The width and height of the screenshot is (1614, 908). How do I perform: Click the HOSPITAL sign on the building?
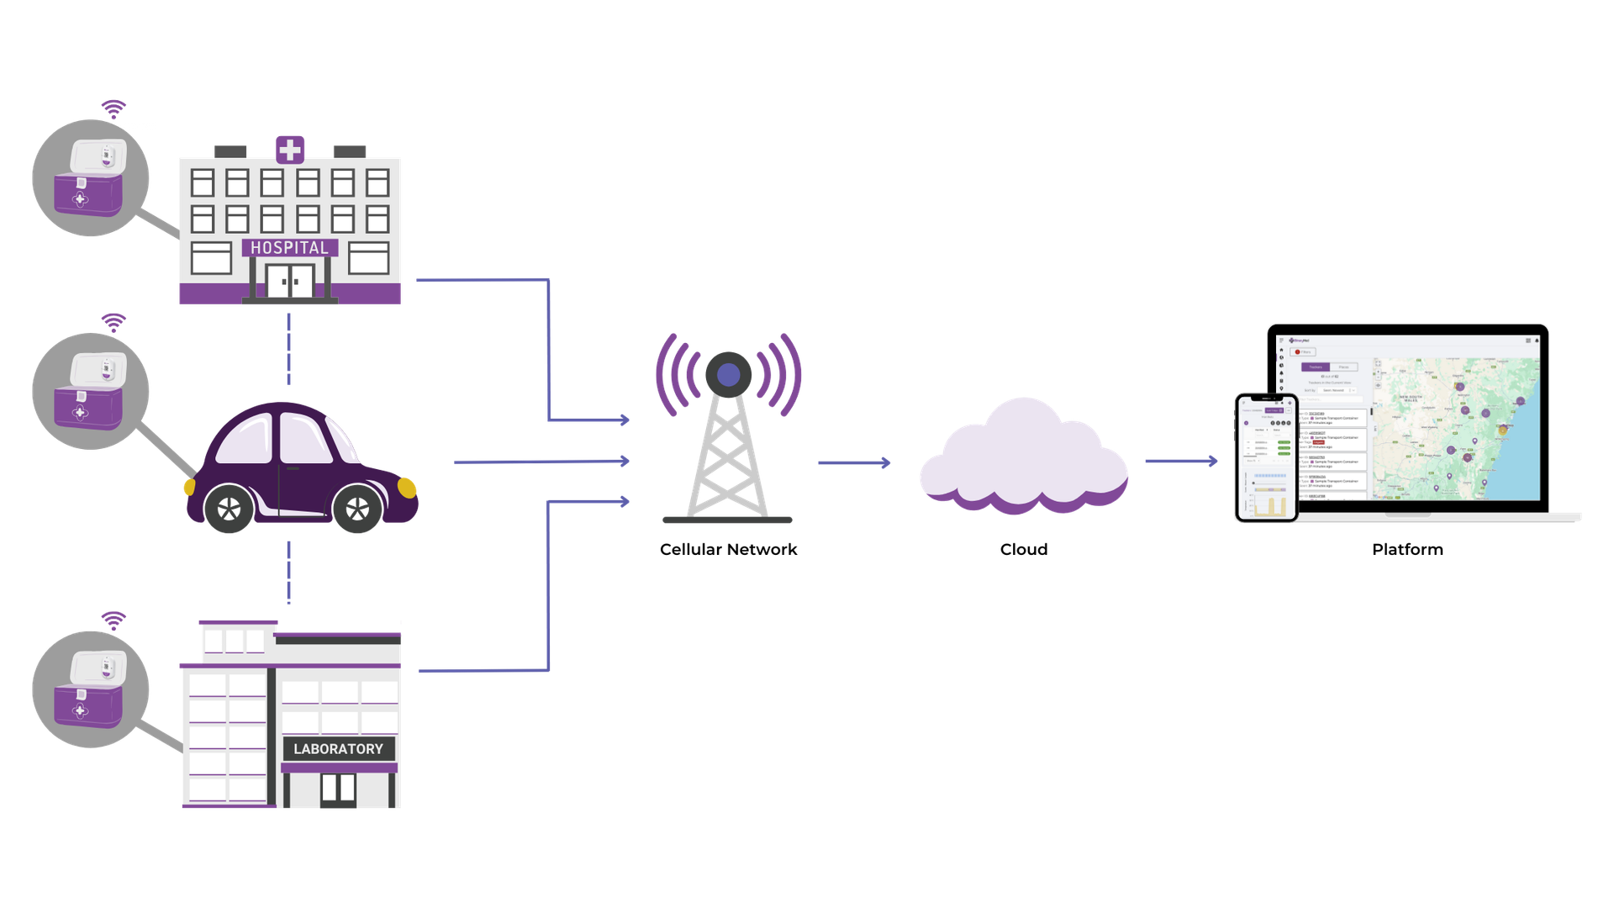pos(290,248)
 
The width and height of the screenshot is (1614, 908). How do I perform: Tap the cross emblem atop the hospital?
pos(290,150)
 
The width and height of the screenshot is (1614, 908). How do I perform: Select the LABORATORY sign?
pos(338,748)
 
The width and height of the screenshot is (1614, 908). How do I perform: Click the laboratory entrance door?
pos(339,789)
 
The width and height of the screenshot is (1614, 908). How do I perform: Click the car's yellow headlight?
pos(407,487)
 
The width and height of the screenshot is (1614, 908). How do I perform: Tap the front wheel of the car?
pos(357,508)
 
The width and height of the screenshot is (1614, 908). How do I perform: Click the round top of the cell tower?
pos(728,373)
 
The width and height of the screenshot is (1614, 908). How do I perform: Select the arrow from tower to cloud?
pos(854,462)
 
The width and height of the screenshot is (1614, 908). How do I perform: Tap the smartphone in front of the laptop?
pos(1266,457)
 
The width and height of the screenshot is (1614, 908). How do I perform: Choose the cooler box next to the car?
pos(90,392)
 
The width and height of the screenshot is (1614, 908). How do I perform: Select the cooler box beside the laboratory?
pos(90,689)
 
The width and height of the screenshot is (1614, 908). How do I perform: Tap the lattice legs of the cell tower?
pos(726,462)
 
